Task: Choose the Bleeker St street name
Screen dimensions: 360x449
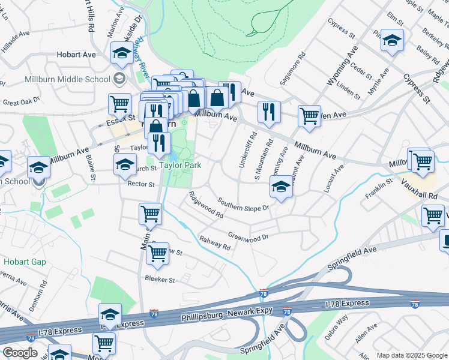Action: pos(160,280)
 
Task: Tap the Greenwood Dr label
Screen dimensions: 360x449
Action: pos(248,236)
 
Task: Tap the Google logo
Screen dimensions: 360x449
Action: pos(20,353)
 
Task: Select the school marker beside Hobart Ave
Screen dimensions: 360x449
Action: pos(122,55)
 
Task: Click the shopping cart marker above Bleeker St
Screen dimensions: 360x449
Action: pos(158,253)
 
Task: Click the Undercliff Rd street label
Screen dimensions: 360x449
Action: pos(246,149)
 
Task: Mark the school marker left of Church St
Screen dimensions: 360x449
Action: pos(125,164)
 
